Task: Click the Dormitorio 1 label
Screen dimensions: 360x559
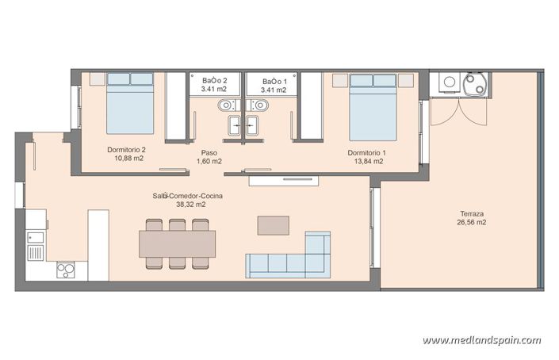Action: coord(367,151)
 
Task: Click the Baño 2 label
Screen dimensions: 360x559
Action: coord(214,81)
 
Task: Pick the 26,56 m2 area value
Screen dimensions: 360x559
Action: coord(472,223)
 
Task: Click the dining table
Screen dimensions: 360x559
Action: coord(178,243)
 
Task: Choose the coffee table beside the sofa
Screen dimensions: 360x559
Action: coord(274,225)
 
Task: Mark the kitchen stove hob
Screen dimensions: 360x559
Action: coord(65,269)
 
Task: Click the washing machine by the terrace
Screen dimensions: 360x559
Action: coord(450,82)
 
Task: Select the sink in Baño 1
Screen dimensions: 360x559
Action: coord(253,125)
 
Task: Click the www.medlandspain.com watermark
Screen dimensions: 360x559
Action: coord(481,341)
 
